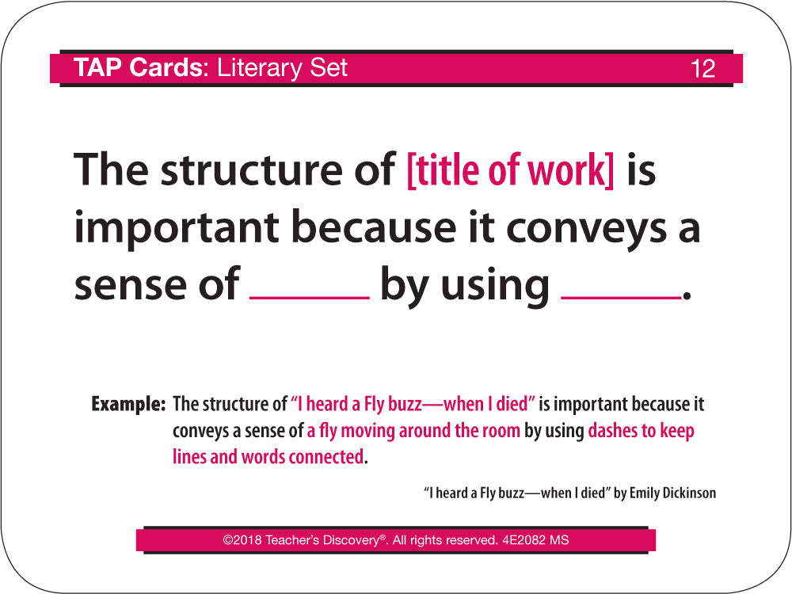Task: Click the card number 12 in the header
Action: [x=703, y=69]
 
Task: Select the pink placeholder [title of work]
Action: [x=511, y=169]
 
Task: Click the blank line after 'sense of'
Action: [x=310, y=298]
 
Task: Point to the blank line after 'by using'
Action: [x=621, y=298]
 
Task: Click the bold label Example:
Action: [x=128, y=404]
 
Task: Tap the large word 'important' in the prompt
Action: [x=177, y=228]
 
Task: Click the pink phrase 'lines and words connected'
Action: [x=268, y=457]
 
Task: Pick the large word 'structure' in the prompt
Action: [x=251, y=169]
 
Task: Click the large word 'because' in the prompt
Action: [x=374, y=227]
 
